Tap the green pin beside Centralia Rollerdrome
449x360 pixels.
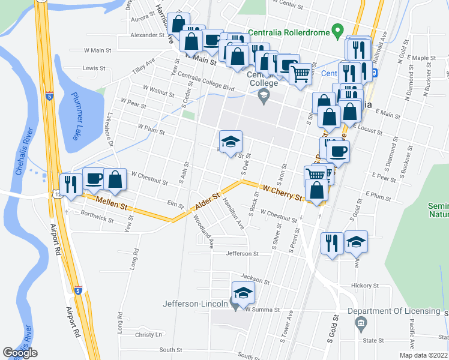coord(338,29)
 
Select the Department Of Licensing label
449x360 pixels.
coord(394,310)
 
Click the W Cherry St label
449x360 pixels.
coord(281,193)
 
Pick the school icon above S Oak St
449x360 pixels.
coord(231,142)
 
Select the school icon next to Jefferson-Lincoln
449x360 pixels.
coord(243,293)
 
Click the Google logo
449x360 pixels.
coord(20,353)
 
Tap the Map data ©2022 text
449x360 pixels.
coord(423,355)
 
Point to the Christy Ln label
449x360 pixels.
coord(149,335)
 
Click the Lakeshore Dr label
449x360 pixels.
coord(110,130)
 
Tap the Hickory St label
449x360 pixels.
coord(363,286)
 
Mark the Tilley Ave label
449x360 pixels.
coord(143,65)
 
